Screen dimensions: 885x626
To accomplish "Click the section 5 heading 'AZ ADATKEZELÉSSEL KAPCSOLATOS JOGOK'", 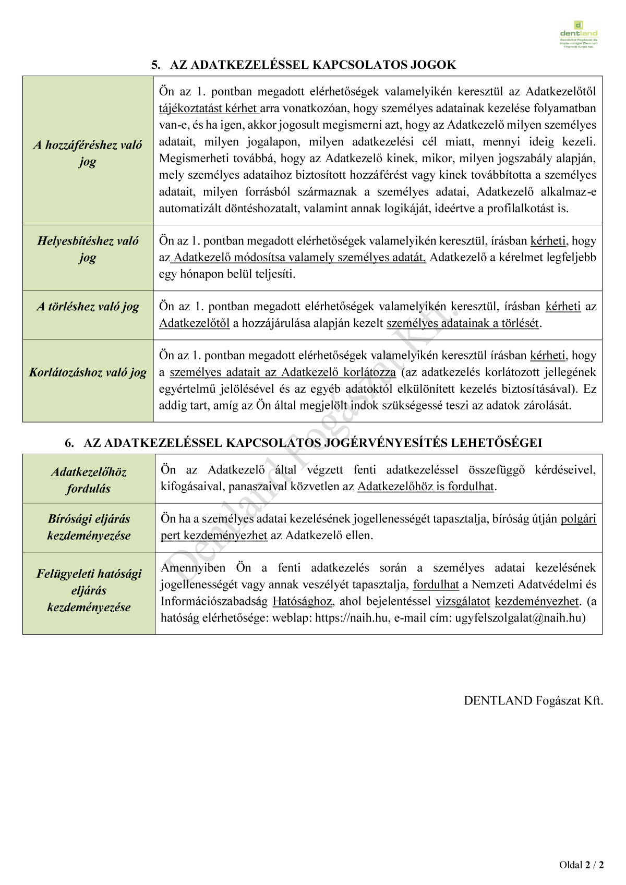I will (304, 65).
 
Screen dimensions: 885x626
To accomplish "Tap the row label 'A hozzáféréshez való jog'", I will (88, 153).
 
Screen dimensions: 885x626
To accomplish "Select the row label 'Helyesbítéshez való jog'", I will (88, 249).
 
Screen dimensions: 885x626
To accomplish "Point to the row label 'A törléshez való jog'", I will (88, 307).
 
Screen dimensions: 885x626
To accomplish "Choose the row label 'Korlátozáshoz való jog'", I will (88, 372).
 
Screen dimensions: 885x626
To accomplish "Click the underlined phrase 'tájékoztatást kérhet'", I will (209, 108).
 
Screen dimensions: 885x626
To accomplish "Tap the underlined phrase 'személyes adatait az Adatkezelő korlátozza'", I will (282, 372).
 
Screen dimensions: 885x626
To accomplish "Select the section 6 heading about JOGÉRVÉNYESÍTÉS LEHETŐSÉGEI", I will (304, 443).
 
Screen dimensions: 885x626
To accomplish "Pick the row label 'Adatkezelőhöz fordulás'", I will (89, 480).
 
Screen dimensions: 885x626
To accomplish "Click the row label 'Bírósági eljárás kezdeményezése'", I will (89, 527).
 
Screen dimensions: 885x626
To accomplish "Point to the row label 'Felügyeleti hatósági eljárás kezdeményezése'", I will (89, 590).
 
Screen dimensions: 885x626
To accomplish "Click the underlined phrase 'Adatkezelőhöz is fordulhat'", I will (425, 487).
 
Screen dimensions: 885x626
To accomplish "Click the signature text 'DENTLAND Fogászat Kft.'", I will (533, 701).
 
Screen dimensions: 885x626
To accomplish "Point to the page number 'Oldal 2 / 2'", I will (582, 865).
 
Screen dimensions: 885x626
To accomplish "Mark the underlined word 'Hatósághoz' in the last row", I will (302, 601).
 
